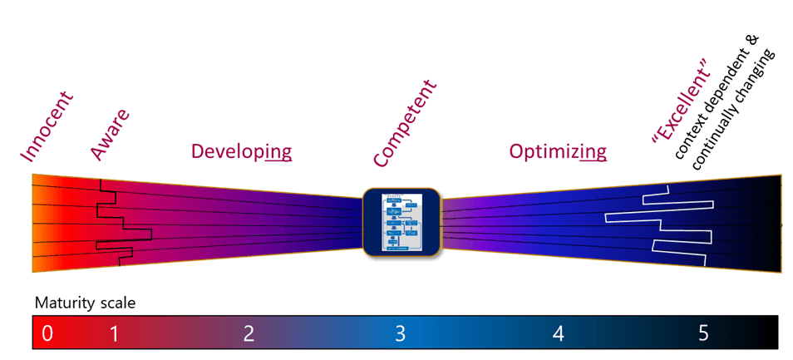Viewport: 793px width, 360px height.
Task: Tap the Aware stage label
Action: [109, 133]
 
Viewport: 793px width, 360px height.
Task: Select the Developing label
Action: [241, 151]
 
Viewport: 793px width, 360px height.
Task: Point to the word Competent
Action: [405, 123]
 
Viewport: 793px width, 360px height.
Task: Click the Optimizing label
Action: [557, 151]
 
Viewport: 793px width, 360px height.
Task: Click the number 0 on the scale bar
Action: [47, 334]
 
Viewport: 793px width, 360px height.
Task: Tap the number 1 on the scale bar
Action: [115, 334]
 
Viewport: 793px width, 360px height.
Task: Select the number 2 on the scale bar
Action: [249, 334]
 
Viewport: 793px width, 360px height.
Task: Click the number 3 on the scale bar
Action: [400, 334]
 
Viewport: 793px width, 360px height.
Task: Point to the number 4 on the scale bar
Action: [558, 334]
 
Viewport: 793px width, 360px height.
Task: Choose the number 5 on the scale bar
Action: [703, 334]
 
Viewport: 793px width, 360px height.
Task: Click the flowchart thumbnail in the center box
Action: [402, 222]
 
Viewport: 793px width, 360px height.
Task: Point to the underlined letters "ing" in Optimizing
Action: [593, 152]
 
